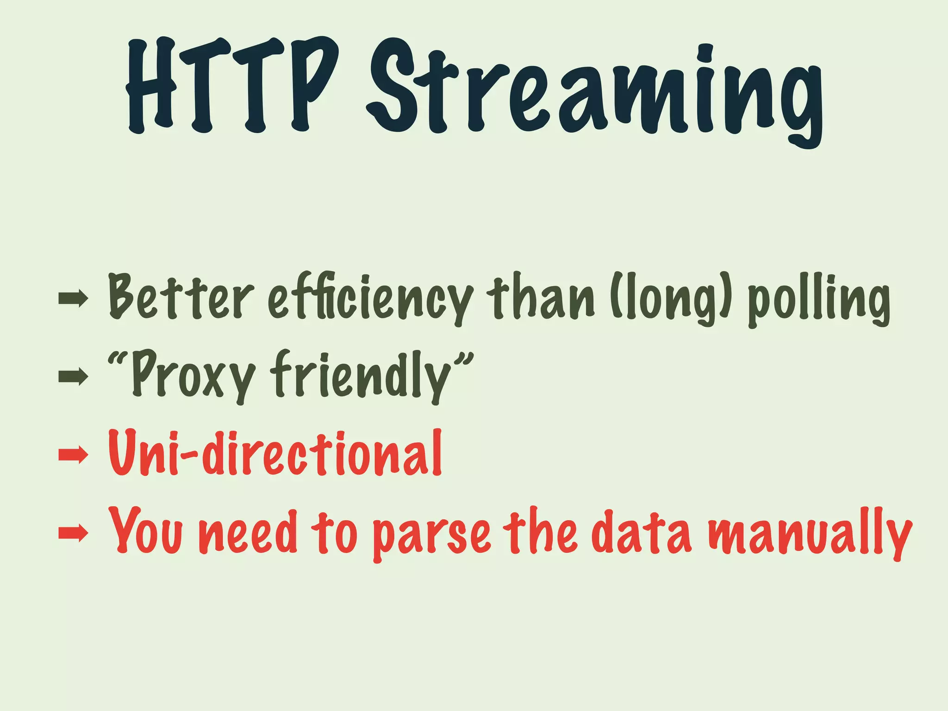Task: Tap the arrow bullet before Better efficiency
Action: tap(73, 299)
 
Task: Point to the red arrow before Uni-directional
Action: tap(73, 455)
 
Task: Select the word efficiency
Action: tap(371, 299)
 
